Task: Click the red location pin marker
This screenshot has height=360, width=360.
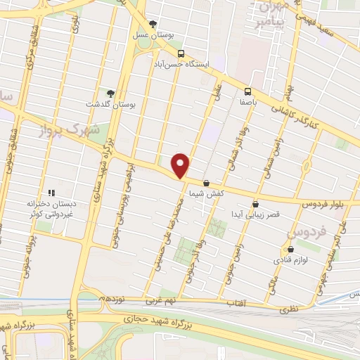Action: (181, 165)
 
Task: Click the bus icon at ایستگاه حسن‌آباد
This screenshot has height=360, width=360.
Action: (181, 54)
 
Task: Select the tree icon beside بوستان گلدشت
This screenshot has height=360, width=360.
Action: (110, 93)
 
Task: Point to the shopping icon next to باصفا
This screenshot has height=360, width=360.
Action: (247, 91)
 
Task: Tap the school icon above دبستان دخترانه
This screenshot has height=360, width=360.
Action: (50, 193)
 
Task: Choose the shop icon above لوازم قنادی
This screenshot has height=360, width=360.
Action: (290, 249)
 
